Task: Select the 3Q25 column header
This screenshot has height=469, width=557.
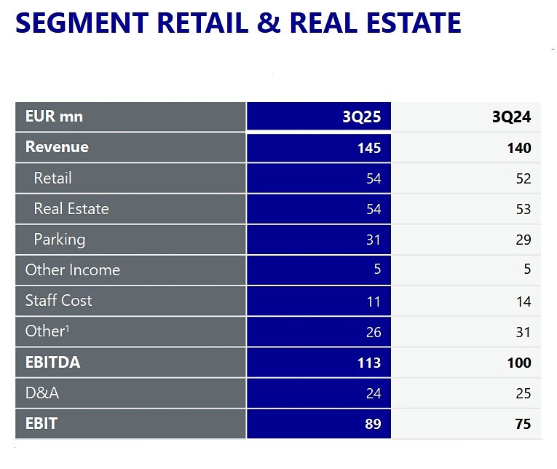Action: point(362,117)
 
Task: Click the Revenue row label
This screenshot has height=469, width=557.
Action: point(57,147)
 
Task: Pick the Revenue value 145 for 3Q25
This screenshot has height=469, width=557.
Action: point(369,149)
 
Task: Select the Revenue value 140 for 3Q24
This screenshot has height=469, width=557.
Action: point(519,149)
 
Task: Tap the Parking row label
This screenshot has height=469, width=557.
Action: point(59,239)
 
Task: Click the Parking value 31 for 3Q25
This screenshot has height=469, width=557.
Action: point(374,240)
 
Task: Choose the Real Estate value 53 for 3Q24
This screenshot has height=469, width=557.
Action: point(523,210)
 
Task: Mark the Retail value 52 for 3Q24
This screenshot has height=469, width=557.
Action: point(523,179)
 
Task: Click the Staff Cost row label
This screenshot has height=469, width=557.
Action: point(58,300)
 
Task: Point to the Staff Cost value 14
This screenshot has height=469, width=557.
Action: point(523,301)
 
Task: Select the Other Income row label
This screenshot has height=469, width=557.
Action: point(72,269)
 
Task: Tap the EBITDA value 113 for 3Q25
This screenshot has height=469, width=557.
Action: point(370,363)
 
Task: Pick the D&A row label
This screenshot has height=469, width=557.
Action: point(42,393)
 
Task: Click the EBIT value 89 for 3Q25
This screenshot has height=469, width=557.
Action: point(373,424)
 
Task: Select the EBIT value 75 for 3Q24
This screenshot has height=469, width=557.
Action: point(523,424)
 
